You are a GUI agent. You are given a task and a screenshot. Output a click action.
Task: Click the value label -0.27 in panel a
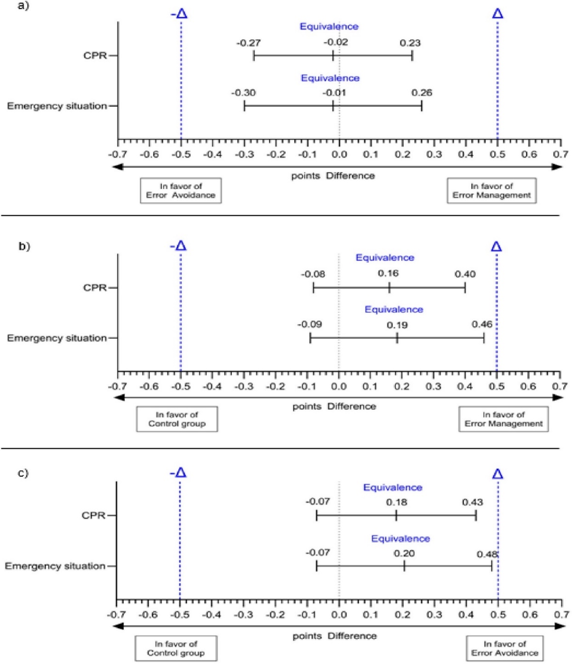pyautogui.click(x=248, y=43)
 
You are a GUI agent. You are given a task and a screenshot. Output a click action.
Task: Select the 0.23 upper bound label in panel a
pyautogui.click(x=410, y=43)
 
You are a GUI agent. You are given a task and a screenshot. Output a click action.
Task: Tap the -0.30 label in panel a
pyautogui.click(x=243, y=93)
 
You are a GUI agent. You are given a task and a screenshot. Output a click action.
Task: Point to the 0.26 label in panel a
pyautogui.click(x=422, y=93)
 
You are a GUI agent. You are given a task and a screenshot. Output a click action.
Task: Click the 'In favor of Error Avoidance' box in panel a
pyautogui.click(x=181, y=190)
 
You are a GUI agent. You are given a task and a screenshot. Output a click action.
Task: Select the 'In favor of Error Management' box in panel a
pyautogui.click(x=492, y=190)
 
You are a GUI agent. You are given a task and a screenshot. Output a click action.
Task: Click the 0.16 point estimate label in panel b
pyautogui.click(x=388, y=273)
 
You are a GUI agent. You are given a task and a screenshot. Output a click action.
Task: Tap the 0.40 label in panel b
pyautogui.click(x=465, y=274)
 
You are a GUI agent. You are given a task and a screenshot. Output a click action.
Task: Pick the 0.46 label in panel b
pyautogui.click(x=482, y=324)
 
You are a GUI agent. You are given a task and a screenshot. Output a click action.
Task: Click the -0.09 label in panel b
pyautogui.click(x=309, y=324)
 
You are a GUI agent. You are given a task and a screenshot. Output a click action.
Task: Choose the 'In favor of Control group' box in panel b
pyautogui.click(x=177, y=419)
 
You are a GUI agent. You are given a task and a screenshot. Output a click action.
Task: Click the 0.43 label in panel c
pyautogui.click(x=472, y=503)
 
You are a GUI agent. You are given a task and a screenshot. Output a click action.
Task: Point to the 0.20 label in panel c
pyautogui.click(x=404, y=553)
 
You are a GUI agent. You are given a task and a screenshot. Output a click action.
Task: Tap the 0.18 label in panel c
pyautogui.click(x=397, y=503)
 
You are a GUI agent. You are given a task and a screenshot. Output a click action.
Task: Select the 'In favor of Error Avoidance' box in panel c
pyautogui.click(x=505, y=648)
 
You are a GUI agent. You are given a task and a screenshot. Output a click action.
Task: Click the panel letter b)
pyautogui.click(x=24, y=246)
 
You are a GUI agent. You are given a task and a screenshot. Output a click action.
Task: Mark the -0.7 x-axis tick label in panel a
pyautogui.click(x=118, y=155)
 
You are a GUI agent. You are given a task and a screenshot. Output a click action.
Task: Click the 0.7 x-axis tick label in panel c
pyautogui.click(x=562, y=615)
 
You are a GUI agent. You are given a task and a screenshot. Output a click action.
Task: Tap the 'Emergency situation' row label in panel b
pyautogui.click(x=57, y=338)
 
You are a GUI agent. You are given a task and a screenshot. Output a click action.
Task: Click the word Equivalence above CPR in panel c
pyautogui.click(x=393, y=488)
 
